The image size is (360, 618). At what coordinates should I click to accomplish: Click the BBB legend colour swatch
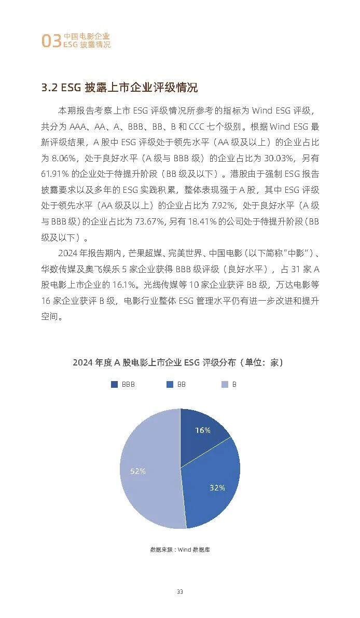114,385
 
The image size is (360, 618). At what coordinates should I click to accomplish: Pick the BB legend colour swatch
170,385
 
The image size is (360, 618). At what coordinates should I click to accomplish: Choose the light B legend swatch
225,385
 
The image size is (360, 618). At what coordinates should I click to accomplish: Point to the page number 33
179,592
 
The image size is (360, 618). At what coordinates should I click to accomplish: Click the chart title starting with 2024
178,362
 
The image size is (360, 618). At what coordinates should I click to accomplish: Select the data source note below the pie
179,550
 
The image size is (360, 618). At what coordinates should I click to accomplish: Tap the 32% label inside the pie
217,488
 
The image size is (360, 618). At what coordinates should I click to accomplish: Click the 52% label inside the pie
138,471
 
